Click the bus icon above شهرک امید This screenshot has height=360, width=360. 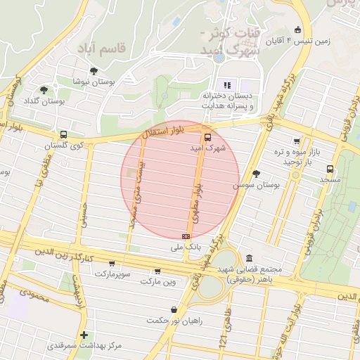tap(207, 137)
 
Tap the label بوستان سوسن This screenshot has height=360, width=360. tap(257, 185)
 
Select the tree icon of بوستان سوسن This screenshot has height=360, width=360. tap(256, 174)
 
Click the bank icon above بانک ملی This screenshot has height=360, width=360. tap(186, 237)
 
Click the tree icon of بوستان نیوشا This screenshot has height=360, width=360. tap(94, 70)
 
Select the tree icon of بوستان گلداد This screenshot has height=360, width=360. tap(44, 90)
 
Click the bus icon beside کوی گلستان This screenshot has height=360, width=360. tap(64, 134)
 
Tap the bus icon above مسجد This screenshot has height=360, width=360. tap(330, 169)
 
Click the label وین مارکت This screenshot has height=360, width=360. tap(156, 281)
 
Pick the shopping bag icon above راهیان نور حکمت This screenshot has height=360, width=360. tap(174, 309)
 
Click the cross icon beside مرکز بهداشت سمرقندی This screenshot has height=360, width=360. tap(84, 335)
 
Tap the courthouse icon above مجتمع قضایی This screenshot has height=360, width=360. tap(250, 259)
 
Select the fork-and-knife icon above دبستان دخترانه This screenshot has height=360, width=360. tap(226, 84)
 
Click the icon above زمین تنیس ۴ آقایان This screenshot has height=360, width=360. tap(298, 30)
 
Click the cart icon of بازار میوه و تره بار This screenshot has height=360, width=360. tap(296, 141)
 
